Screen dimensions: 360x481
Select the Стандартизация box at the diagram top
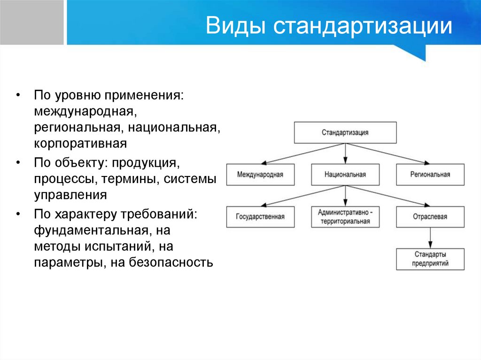(345, 132)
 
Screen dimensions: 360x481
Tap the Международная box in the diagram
(260, 175)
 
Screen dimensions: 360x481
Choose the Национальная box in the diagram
(345, 175)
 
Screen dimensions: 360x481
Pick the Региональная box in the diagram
(430, 175)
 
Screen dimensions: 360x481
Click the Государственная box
(260, 217)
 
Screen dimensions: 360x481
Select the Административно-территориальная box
(345, 217)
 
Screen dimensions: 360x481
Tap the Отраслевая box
(430, 217)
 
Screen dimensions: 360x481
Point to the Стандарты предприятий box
(430, 259)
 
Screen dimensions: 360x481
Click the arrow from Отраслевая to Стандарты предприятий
(430, 238)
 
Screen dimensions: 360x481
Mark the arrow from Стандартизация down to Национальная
(345, 153)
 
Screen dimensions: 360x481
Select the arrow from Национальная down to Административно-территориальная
(345, 196)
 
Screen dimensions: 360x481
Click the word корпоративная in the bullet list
(80, 143)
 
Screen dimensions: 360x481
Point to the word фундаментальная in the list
(89, 230)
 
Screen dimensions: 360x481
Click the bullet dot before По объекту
(17, 162)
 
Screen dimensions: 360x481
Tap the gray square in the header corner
(31, 23)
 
